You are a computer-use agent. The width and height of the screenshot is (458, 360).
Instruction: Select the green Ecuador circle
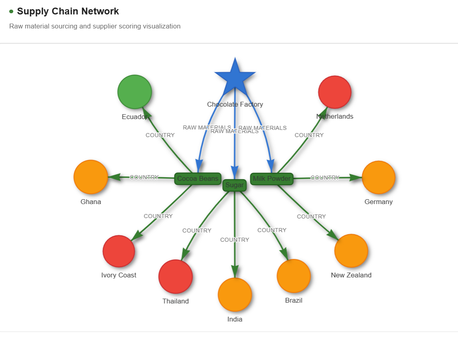(135, 92)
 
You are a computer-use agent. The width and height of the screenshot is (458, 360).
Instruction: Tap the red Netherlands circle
(335, 92)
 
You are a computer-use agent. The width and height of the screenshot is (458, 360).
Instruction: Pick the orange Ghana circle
(91, 177)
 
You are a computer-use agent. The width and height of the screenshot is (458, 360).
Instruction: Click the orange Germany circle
(379, 177)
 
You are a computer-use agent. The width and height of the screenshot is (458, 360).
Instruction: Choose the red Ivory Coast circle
(119, 251)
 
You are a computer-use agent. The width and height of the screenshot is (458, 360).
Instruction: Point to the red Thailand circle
(176, 277)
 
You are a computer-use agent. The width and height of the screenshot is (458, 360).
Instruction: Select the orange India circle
(235, 295)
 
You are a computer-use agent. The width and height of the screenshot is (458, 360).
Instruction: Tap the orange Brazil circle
(294, 276)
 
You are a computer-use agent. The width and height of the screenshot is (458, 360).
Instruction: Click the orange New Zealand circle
(351, 251)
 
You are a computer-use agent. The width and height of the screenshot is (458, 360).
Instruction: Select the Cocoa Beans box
(198, 178)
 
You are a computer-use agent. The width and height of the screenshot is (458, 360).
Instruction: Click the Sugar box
(235, 185)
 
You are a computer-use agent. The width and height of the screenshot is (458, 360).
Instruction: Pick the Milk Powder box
(272, 179)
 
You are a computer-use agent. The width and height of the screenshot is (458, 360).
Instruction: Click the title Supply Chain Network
(68, 11)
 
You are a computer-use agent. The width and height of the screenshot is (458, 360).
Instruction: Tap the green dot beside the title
(11, 11)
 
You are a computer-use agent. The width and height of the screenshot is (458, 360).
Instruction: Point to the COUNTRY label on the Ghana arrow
(144, 177)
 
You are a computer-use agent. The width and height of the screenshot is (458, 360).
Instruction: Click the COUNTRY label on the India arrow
(235, 240)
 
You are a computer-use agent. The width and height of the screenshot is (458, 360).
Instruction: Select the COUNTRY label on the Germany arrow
(325, 178)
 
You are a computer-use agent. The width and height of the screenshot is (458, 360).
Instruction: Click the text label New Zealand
(351, 275)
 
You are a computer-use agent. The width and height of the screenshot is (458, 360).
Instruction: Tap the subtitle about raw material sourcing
(95, 26)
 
